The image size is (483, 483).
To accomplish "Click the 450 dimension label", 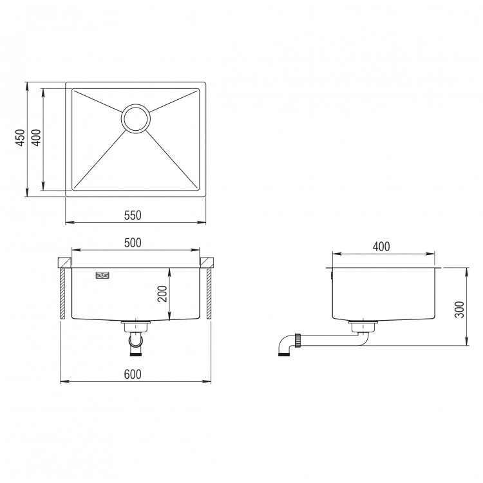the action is pyautogui.click(x=20, y=138).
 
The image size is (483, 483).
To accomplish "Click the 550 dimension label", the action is pyautogui.click(x=133, y=215).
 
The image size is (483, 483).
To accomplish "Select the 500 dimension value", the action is pyautogui.click(x=133, y=243).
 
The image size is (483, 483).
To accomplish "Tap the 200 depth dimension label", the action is pyautogui.click(x=162, y=294).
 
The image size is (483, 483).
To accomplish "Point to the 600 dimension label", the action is pyautogui.click(x=133, y=374).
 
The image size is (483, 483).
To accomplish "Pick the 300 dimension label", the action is pyautogui.click(x=459, y=310).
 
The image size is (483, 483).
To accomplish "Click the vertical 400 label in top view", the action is pyautogui.click(x=36, y=138).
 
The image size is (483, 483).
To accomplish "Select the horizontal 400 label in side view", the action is pyautogui.click(x=381, y=247).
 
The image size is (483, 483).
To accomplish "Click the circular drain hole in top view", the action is pyautogui.click(x=136, y=118).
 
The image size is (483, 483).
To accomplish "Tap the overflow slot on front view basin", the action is pyautogui.click(x=102, y=276).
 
